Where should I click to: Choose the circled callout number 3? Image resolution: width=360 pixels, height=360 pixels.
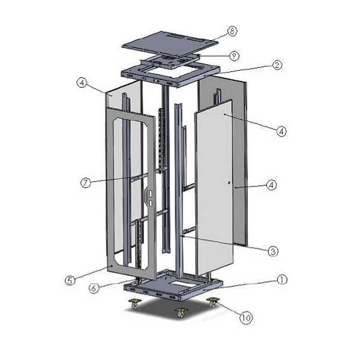click(272, 251)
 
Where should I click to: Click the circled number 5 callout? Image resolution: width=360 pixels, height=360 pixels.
click(69, 280)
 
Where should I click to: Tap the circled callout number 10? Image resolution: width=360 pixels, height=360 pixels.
click(245, 319)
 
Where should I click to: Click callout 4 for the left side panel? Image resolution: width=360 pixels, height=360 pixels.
click(82, 83)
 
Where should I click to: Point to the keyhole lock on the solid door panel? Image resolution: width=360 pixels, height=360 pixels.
click(230, 182)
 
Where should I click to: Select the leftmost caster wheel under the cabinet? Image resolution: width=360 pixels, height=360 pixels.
click(133, 305)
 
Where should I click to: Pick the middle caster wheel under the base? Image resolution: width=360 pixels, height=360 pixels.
click(179, 312)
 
